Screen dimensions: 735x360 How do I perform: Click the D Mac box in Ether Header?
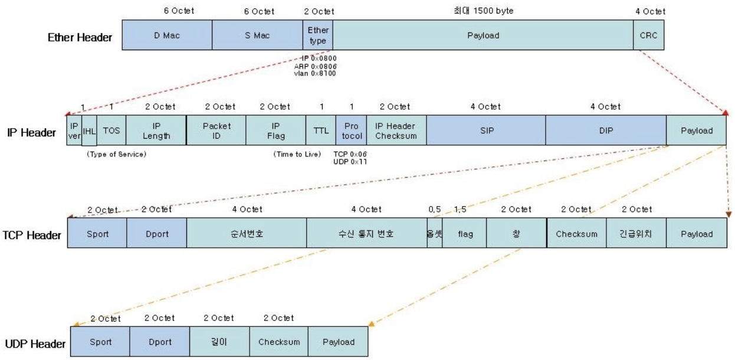(167, 35)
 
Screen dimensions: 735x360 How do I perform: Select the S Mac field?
(257, 35)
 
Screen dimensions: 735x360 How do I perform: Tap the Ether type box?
(318, 35)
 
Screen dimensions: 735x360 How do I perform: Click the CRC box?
(647, 35)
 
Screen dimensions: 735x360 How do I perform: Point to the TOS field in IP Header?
(111, 130)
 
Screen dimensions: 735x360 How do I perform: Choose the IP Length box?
(156, 130)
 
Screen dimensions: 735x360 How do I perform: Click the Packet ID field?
(216, 130)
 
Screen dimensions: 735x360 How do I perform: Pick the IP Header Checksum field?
(396, 130)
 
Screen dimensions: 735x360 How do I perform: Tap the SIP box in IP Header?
(485, 130)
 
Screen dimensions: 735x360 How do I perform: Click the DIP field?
(605, 130)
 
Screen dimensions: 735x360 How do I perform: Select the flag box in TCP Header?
(465, 234)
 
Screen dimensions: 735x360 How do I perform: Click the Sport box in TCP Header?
(97, 234)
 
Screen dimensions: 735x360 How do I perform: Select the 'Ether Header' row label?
(81, 37)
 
